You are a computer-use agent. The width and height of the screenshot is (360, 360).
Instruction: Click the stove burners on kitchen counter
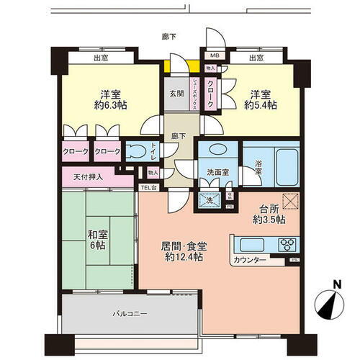287,242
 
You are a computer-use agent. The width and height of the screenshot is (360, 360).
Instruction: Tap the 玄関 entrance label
177,94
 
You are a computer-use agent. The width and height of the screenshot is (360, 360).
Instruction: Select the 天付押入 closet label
89,176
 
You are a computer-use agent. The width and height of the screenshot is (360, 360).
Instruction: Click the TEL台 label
149,188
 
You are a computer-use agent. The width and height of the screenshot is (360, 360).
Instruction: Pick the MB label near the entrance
214,56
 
